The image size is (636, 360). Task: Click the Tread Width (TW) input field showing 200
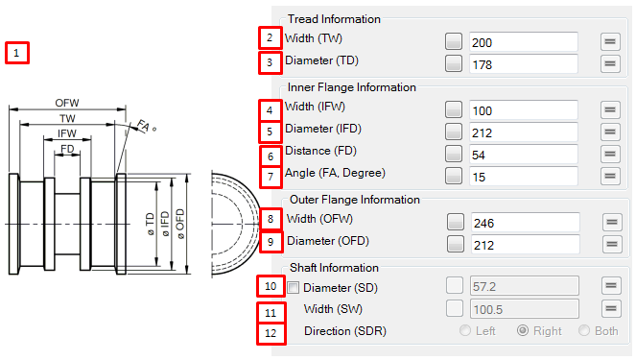tap(523, 41)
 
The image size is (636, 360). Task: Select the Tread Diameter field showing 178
tap(523, 64)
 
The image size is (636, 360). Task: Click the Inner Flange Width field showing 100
tap(523, 109)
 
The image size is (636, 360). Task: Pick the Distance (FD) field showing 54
tap(523, 155)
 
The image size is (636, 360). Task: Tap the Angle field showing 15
tap(523, 177)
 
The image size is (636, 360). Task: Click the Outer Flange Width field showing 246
tap(523, 222)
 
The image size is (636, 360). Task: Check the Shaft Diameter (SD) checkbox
tap(294, 287)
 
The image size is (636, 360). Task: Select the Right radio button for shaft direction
tap(523, 331)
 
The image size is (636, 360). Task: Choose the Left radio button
tap(466, 331)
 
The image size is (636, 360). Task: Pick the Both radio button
tap(583, 331)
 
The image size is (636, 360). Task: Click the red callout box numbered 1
tap(17, 53)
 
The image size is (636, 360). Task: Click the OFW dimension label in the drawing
tap(67, 102)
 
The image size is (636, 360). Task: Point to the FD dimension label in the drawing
tap(67, 150)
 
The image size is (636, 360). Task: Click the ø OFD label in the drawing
tap(179, 224)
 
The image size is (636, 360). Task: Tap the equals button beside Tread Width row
tap(609, 41)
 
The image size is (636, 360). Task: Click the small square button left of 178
tap(454, 64)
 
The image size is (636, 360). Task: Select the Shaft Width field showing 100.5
tap(523, 308)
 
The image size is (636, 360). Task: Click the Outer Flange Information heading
tap(354, 200)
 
